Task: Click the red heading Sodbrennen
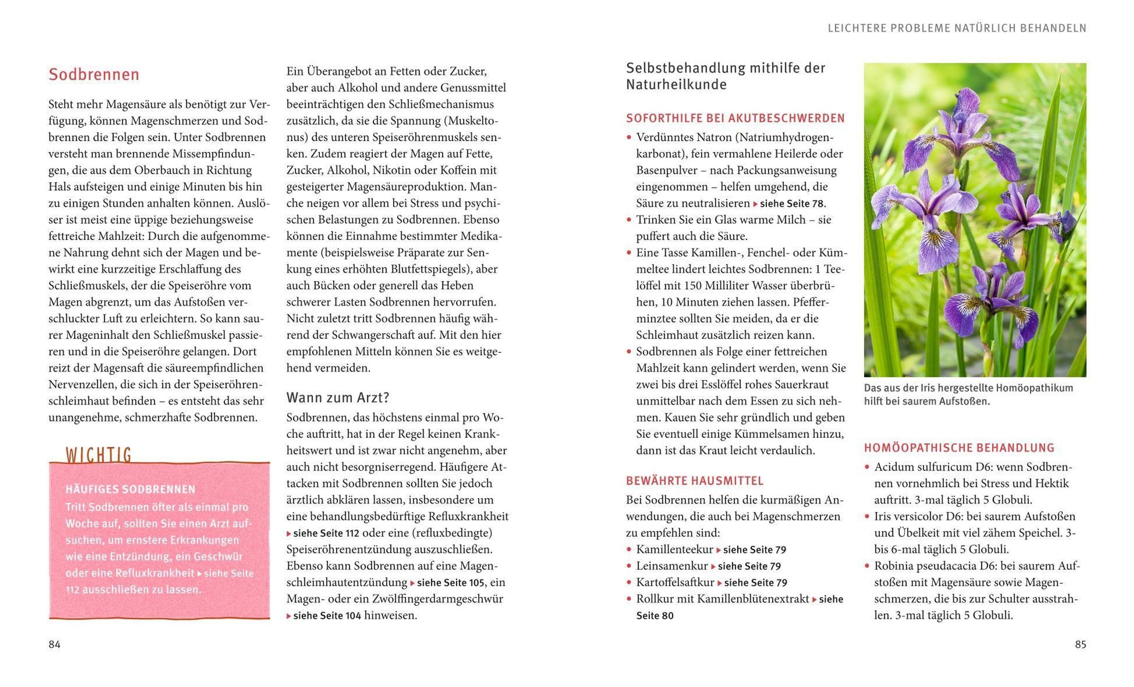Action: click(x=94, y=75)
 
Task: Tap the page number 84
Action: click(x=54, y=645)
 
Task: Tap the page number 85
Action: click(x=1080, y=645)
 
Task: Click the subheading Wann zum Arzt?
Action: click(x=337, y=398)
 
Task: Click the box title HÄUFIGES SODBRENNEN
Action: click(x=130, y=489)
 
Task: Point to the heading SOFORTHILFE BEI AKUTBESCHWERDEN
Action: click(x=735, y=118)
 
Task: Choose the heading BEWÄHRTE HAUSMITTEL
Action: click(x=695, y=481)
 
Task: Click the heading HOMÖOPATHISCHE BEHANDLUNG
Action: click(x=959, y=448)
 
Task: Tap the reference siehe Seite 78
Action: click(x=792, y=204)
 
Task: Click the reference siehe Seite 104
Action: click(x=326, y=616)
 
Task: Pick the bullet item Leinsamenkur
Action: click(x=671, y=566)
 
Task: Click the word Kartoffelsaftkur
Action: click(x=675, y=582)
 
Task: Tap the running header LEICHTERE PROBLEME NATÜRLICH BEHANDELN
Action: click(x=957, y=28)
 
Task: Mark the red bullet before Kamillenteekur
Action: click(x=629, y=550)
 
